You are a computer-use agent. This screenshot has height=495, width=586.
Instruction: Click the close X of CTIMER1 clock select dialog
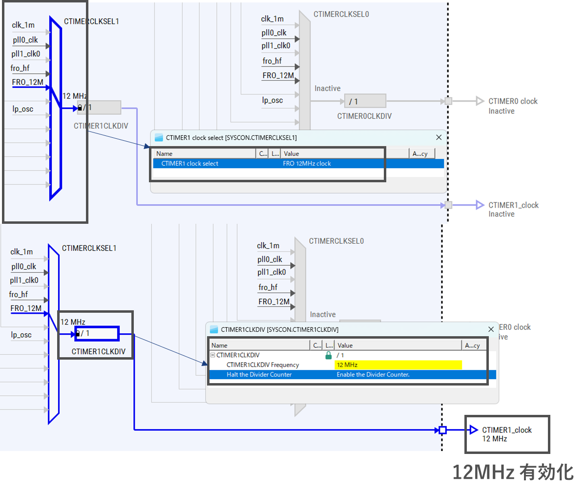coord(439,137)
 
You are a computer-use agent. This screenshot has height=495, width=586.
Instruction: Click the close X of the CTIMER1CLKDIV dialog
coord(491,329)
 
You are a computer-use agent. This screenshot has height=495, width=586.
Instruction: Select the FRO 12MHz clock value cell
coord(307,164)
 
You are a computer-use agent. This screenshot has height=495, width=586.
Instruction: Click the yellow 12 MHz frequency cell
coord(398,365)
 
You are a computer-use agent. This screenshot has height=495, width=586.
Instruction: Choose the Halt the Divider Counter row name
coord(259,375)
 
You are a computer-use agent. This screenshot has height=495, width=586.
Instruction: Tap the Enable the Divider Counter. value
coord(373,375)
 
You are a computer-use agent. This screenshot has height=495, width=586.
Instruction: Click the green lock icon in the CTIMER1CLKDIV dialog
coord(329,355)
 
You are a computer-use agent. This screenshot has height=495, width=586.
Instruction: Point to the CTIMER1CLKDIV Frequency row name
coord(262,365)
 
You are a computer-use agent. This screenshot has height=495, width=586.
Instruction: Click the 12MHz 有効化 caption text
coord(513,472)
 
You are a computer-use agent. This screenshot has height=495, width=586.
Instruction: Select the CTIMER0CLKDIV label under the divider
coord(364,116)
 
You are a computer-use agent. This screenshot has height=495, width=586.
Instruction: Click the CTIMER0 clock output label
coord(513,101)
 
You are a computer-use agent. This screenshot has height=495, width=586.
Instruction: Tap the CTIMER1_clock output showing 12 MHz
coord(506,434)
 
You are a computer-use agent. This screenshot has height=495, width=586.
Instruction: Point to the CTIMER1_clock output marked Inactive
coord(513,209)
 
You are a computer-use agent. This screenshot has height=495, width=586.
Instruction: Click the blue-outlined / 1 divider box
coord(97,333)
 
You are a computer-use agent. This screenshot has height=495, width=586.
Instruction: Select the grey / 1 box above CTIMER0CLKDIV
coord(365,101)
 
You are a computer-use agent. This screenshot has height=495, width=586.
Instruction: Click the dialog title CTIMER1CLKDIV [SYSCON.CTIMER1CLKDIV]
coord(279,329)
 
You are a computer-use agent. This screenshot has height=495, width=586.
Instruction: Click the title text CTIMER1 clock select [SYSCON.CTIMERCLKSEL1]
coord(231,138)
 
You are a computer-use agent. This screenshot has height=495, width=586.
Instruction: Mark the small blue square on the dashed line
coord(442,430)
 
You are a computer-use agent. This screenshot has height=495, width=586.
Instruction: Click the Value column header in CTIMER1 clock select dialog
coord(292,153)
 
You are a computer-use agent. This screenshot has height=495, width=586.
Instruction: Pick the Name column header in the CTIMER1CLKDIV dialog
coord(219,345)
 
